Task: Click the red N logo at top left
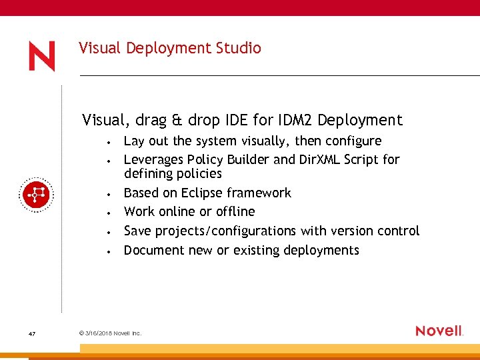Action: [41, 56]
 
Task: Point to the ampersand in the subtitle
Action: [177, 120]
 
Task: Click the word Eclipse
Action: [202, 193]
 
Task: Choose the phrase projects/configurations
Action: [225, 231]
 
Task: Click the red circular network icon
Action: [35, 195]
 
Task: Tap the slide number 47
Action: [32, 333]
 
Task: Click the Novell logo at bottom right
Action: [439, 331]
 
